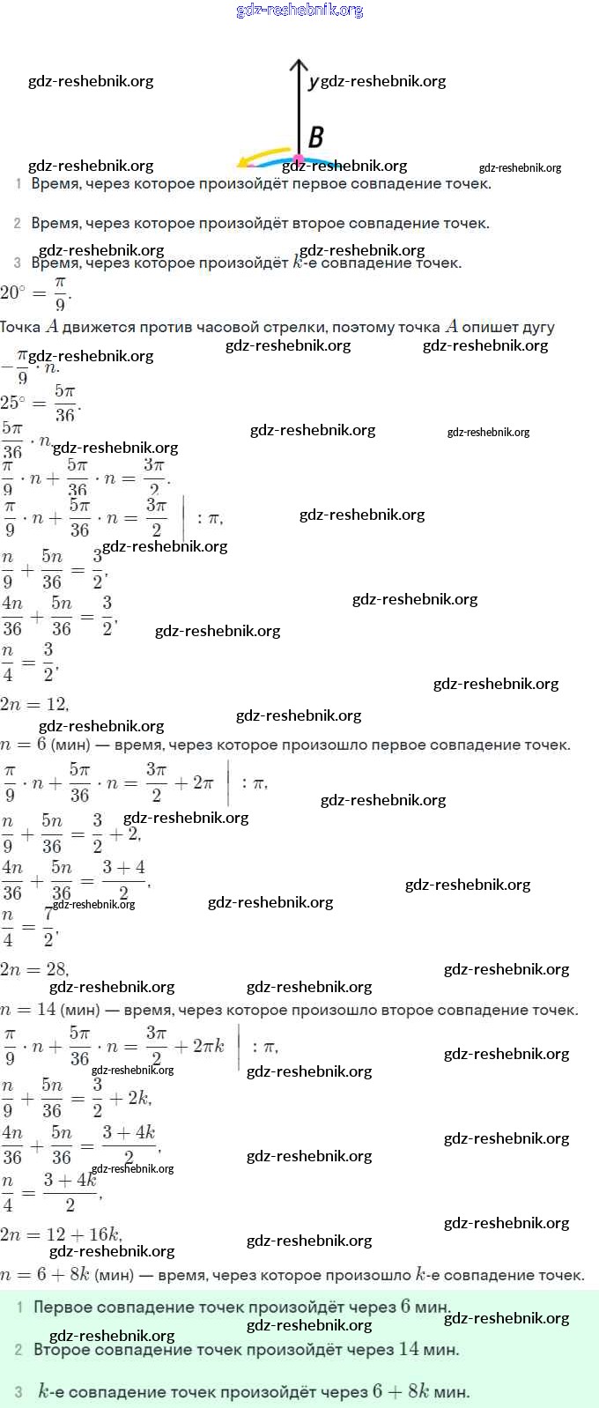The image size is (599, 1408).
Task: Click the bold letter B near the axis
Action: (315, 137)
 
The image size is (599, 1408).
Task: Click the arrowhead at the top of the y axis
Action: (299, 65)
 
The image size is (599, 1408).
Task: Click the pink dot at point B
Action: (298, 159)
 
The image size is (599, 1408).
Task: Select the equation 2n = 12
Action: (34, 704)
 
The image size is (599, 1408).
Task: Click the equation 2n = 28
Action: (34, 969)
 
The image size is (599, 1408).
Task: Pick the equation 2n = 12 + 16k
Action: (61, 1234)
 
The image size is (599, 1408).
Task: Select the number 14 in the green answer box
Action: (409, 1349)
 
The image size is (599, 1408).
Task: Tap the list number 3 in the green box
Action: (18, 1392)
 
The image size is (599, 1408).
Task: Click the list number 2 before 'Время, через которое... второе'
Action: (17, 224)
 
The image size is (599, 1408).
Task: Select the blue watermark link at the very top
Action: (299, 10)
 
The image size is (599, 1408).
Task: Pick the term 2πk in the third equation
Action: (209, 1046)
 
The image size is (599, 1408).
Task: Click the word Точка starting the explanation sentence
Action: (20, 327)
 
